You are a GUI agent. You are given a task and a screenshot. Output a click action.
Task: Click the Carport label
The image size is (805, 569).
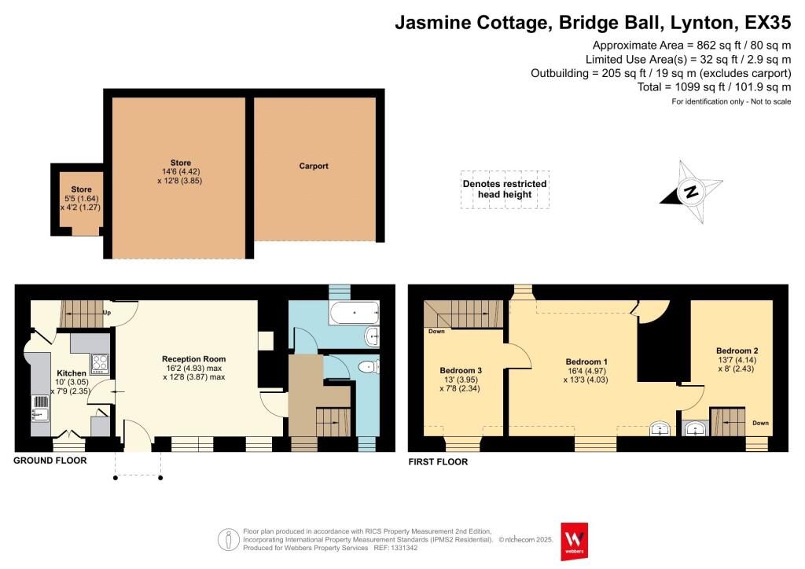point(314,166)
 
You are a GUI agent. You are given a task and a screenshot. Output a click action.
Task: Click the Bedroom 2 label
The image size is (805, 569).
point(737,351)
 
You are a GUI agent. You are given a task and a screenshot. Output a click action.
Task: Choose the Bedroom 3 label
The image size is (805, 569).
point(461,370)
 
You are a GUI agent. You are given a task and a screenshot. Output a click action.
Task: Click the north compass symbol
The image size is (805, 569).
point(690,191)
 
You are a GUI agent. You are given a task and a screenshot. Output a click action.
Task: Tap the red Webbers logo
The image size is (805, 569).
point(574,541)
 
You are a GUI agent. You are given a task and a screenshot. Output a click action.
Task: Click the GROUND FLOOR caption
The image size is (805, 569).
point(50,461)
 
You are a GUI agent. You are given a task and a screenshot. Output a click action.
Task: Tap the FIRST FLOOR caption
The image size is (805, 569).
point(438,462)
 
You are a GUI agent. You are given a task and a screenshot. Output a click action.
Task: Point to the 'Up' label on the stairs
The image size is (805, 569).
point(107,314)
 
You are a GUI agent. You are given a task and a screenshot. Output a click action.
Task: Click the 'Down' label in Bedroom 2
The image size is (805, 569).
point(760,422)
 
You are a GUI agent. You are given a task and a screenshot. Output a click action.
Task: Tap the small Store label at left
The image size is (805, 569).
point(81,189)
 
